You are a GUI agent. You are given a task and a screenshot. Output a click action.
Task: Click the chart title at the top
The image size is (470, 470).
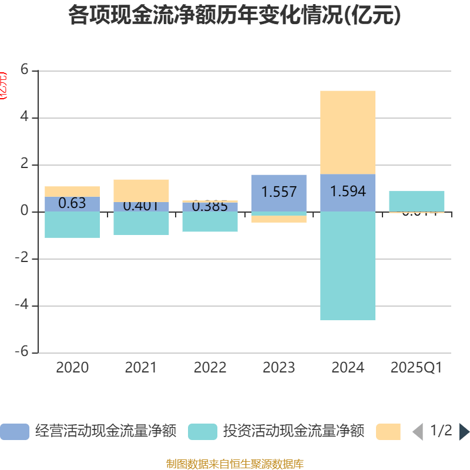tap(234, 15)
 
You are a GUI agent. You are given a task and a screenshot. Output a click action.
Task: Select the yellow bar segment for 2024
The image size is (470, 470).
tap(348, 132)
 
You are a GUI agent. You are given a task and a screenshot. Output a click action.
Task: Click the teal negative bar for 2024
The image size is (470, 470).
tap(348, 266)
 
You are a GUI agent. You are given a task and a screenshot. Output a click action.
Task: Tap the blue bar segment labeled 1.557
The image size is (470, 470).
tap(278, 192)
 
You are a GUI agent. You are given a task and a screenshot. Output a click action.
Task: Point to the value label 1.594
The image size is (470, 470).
tap(348, 192)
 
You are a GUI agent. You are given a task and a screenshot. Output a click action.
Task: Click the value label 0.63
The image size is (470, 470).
tap(72, 203)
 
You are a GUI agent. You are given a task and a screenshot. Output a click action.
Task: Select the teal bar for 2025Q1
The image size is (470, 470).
tap(417, 201)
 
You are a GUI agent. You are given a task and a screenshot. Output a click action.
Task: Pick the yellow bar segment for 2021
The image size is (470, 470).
tap(141, 190)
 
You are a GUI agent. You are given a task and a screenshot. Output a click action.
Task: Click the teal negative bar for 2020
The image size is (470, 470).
tap(72, 224)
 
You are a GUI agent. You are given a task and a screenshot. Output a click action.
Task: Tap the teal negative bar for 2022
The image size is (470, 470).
tap(210, 221)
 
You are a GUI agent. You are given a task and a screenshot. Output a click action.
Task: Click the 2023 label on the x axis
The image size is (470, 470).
tap(278, 368)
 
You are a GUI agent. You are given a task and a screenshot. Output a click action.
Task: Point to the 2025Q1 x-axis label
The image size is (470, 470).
tap(417, 368)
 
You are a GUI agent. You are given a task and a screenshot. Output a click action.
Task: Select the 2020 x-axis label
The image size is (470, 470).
tap(72, 368)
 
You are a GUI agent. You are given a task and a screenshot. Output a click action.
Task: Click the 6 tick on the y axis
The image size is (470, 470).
tap(25, 70)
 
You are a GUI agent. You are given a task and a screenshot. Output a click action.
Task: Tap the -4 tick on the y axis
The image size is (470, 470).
tap(22, 305)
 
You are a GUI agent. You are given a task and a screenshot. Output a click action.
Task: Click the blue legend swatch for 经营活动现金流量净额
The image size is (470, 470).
tap(15, 432)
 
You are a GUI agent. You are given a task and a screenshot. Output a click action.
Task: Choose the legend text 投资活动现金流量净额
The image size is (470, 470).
tap(294, 432)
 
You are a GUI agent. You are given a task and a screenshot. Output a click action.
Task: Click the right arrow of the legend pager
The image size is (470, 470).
tap(464, 432)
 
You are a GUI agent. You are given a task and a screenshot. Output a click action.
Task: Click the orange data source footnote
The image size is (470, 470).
tap(234, 464)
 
